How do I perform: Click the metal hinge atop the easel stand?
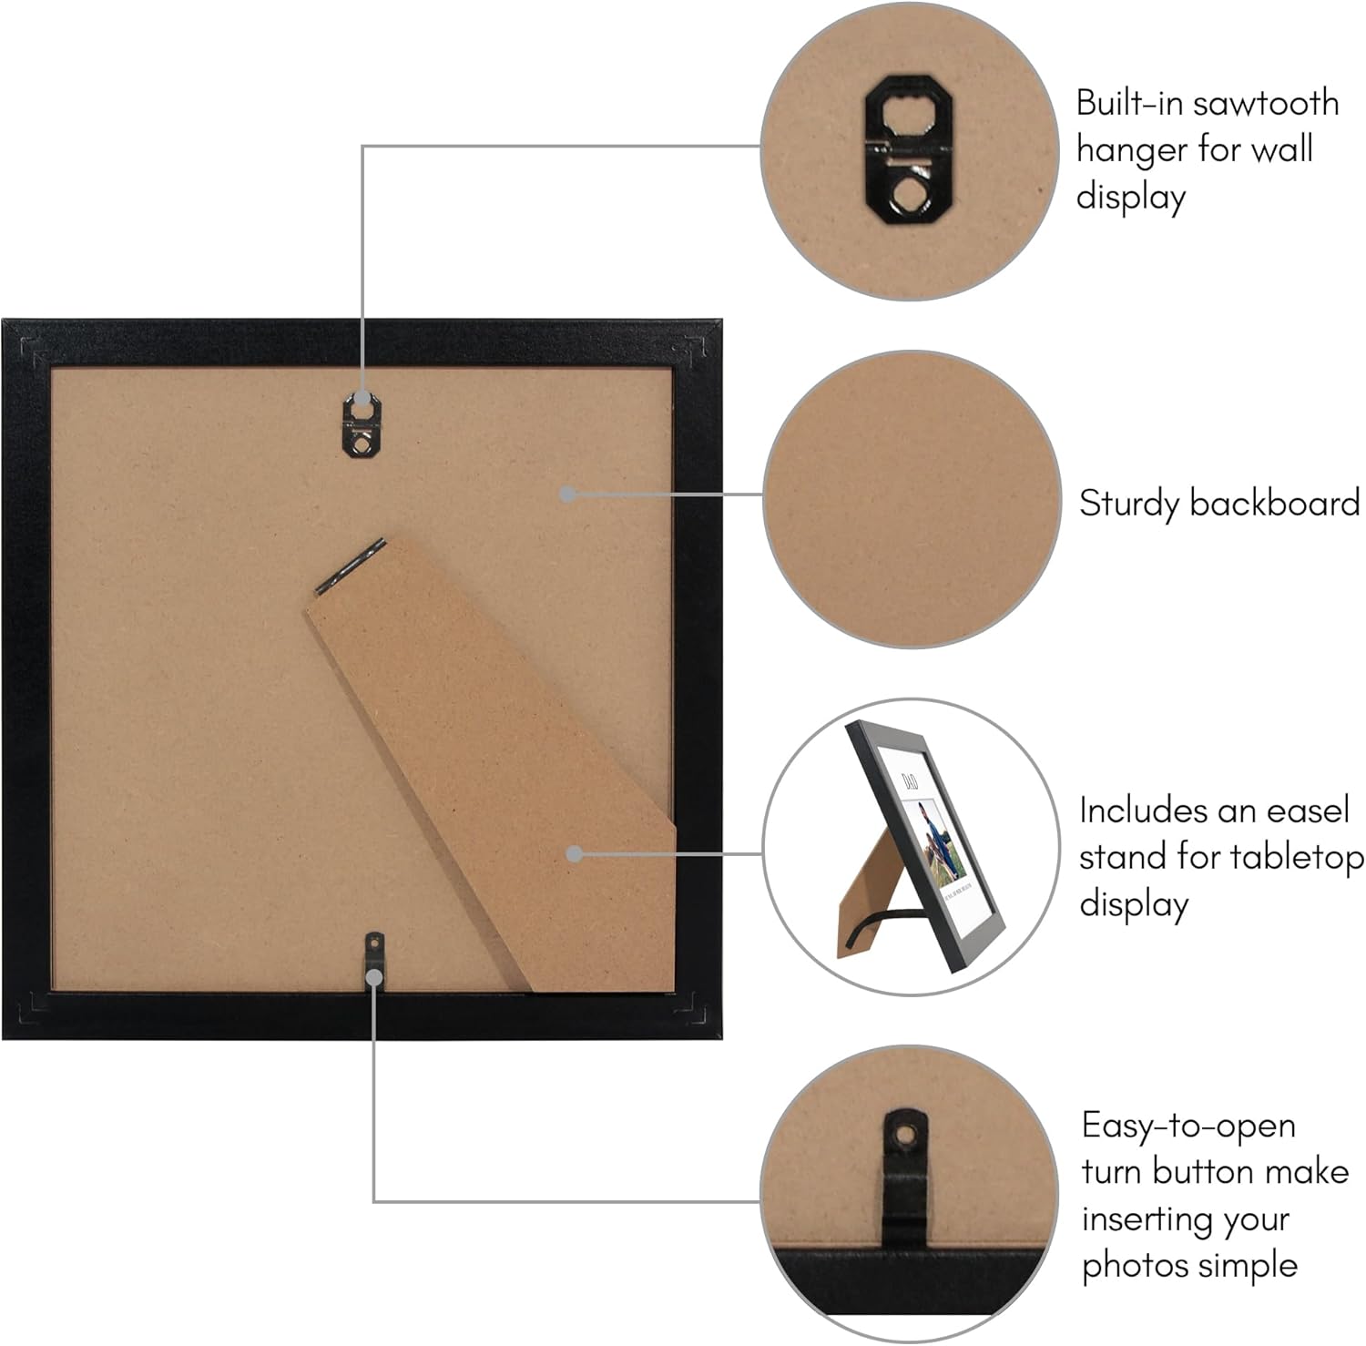pyautogui.click(x=351, y=567)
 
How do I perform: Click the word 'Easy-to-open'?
pyautogui.click(x=1188, y=1126)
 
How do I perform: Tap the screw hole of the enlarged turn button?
pyautogui.click(x=903, y=1136)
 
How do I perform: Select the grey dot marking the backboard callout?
pyautogui.click(x=566, y=494)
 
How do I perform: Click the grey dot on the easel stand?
pyautogui.click(x=574, y=853)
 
